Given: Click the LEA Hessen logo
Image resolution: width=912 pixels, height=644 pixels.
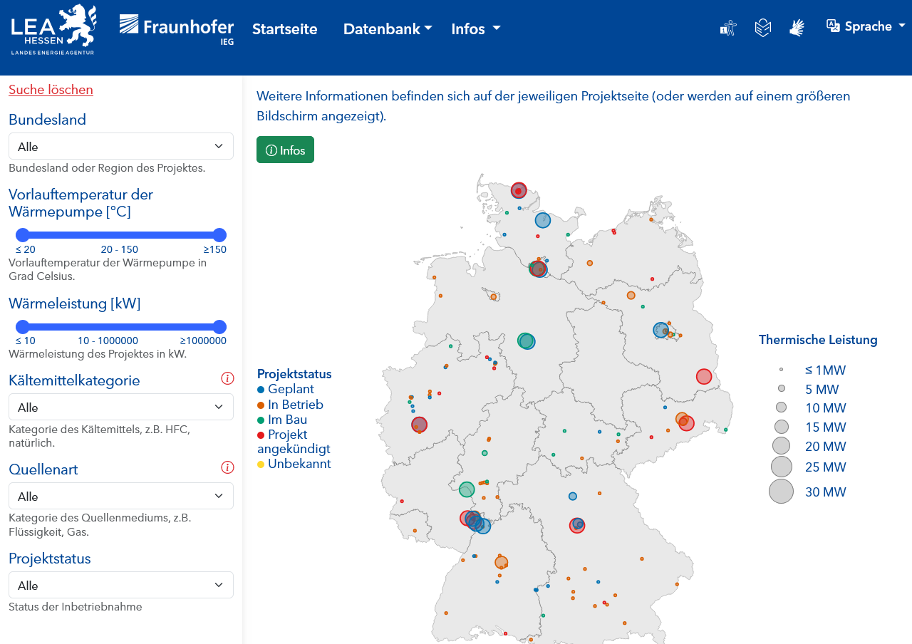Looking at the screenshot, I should pos(54,29).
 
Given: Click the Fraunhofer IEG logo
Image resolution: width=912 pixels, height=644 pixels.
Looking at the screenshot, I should pos(176,28).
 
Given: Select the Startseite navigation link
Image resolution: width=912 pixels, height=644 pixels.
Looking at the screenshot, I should pos(284,29).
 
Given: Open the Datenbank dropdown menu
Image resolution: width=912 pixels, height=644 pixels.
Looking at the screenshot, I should pos(388,29).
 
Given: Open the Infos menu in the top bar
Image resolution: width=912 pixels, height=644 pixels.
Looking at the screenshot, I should pos(475,29).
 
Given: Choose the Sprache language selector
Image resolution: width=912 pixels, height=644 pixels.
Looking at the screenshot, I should pos(866,26).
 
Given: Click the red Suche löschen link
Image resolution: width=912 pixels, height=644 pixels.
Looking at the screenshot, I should pos(51,90).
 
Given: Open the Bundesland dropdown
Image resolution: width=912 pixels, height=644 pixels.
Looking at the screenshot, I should pos(120,146).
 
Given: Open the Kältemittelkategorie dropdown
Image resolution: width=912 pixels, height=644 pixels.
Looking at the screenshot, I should pos(120,407).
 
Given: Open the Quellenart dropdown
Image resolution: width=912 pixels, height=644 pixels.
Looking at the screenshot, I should pos(120,496).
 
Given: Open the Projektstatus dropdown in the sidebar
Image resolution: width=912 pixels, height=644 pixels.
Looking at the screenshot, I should pos(120,585).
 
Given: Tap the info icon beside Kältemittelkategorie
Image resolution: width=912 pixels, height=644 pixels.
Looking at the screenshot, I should pos(227,378).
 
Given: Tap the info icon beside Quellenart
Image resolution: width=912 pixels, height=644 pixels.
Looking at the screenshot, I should pos(227,467).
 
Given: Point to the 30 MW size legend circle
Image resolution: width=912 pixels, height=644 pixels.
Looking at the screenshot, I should pos(781,492).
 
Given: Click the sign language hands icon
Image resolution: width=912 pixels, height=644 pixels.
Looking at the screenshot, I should pos(797,28).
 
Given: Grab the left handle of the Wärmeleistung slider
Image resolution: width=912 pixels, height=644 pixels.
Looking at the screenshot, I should pos(23,327).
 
